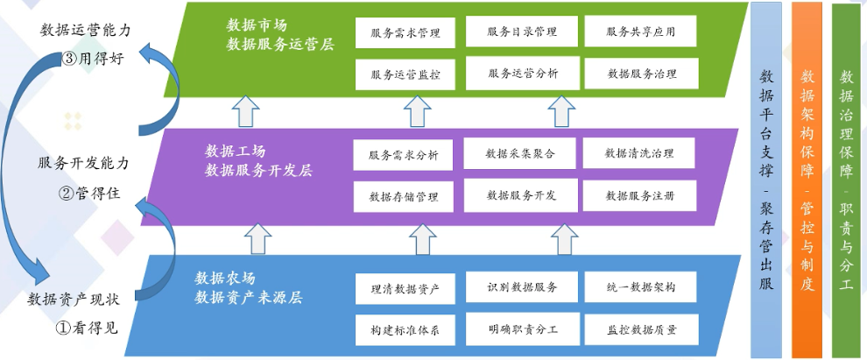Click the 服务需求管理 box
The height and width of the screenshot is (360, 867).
point(405,32)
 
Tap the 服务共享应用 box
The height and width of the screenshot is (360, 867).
point(640,32)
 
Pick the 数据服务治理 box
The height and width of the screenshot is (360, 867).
point(641,74)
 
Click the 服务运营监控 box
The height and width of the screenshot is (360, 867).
point(405,74)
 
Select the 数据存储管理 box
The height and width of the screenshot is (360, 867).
point(404,195)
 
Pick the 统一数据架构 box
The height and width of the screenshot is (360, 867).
point(640,287)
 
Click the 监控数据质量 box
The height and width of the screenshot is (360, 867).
point(640,329)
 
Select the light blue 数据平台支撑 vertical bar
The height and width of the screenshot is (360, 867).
point(766,180)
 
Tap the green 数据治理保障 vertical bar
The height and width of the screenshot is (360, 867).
point(845,180)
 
